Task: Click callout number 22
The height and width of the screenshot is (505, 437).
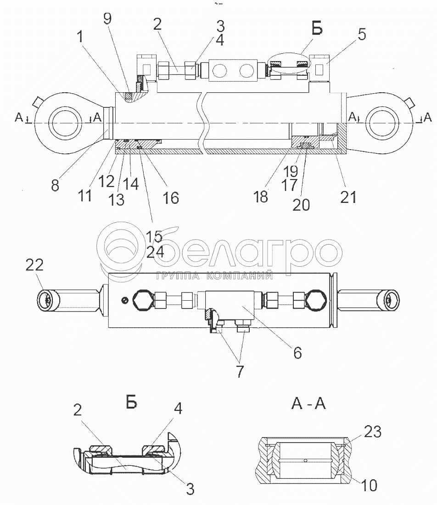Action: [34, 265]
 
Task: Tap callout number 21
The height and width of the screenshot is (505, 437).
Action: [348, 197]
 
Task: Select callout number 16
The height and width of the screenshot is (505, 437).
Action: [171, 198]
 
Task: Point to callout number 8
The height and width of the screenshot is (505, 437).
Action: [55, 185]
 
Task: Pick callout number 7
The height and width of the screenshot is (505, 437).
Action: [240, 371]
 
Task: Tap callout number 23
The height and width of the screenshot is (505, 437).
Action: [373, 431]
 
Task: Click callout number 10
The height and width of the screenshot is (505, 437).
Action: [369, 485]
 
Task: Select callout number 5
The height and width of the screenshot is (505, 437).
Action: [362, 34]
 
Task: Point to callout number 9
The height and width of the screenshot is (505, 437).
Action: [107, 18]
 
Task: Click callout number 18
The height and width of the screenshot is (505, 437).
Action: [261, 196]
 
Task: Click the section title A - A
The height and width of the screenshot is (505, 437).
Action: [308, 403]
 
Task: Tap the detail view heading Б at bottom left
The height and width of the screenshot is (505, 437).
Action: [131, 402]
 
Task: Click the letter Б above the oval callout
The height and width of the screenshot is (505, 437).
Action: [317, 28]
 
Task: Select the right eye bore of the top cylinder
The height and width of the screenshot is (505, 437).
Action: [383, 123]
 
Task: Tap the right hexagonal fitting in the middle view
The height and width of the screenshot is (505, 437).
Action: [316, 300]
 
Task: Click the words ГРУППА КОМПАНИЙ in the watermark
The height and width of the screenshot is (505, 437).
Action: [214, 276]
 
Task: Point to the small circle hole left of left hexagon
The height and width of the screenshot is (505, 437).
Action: [124, 300]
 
